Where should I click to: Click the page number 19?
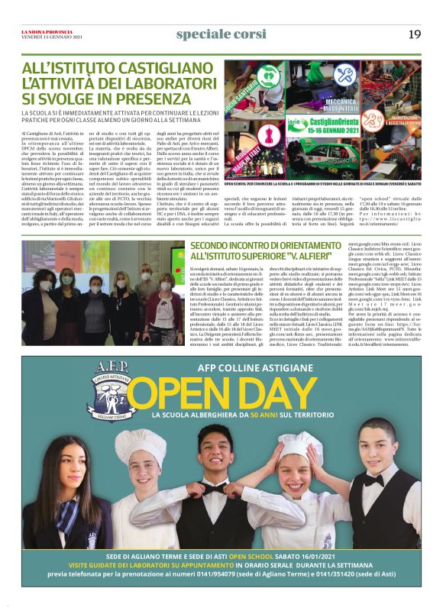(x=415, y=34)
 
